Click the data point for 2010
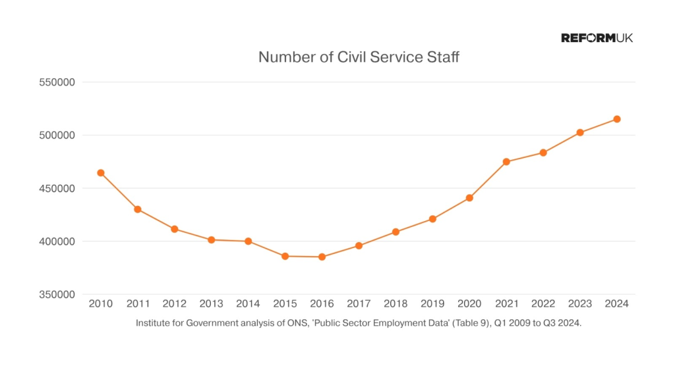pos(101,173)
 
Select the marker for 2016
pos(322,257)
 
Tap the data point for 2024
pos(617,119)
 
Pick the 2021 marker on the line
pos(506,162)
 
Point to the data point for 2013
pos(212,240)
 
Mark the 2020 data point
pos(469,197)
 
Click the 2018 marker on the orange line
pos(396,232)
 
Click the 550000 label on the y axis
pos(58,82)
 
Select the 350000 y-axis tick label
pos(58,294)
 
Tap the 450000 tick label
pos(58,188)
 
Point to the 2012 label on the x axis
pos(175,304)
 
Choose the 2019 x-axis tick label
pos(432,304)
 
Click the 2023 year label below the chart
pos(580,304)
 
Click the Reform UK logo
pos(597,38)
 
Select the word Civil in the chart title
pos(354,57)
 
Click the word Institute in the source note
pos(153,323)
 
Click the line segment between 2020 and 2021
pos(488,180)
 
